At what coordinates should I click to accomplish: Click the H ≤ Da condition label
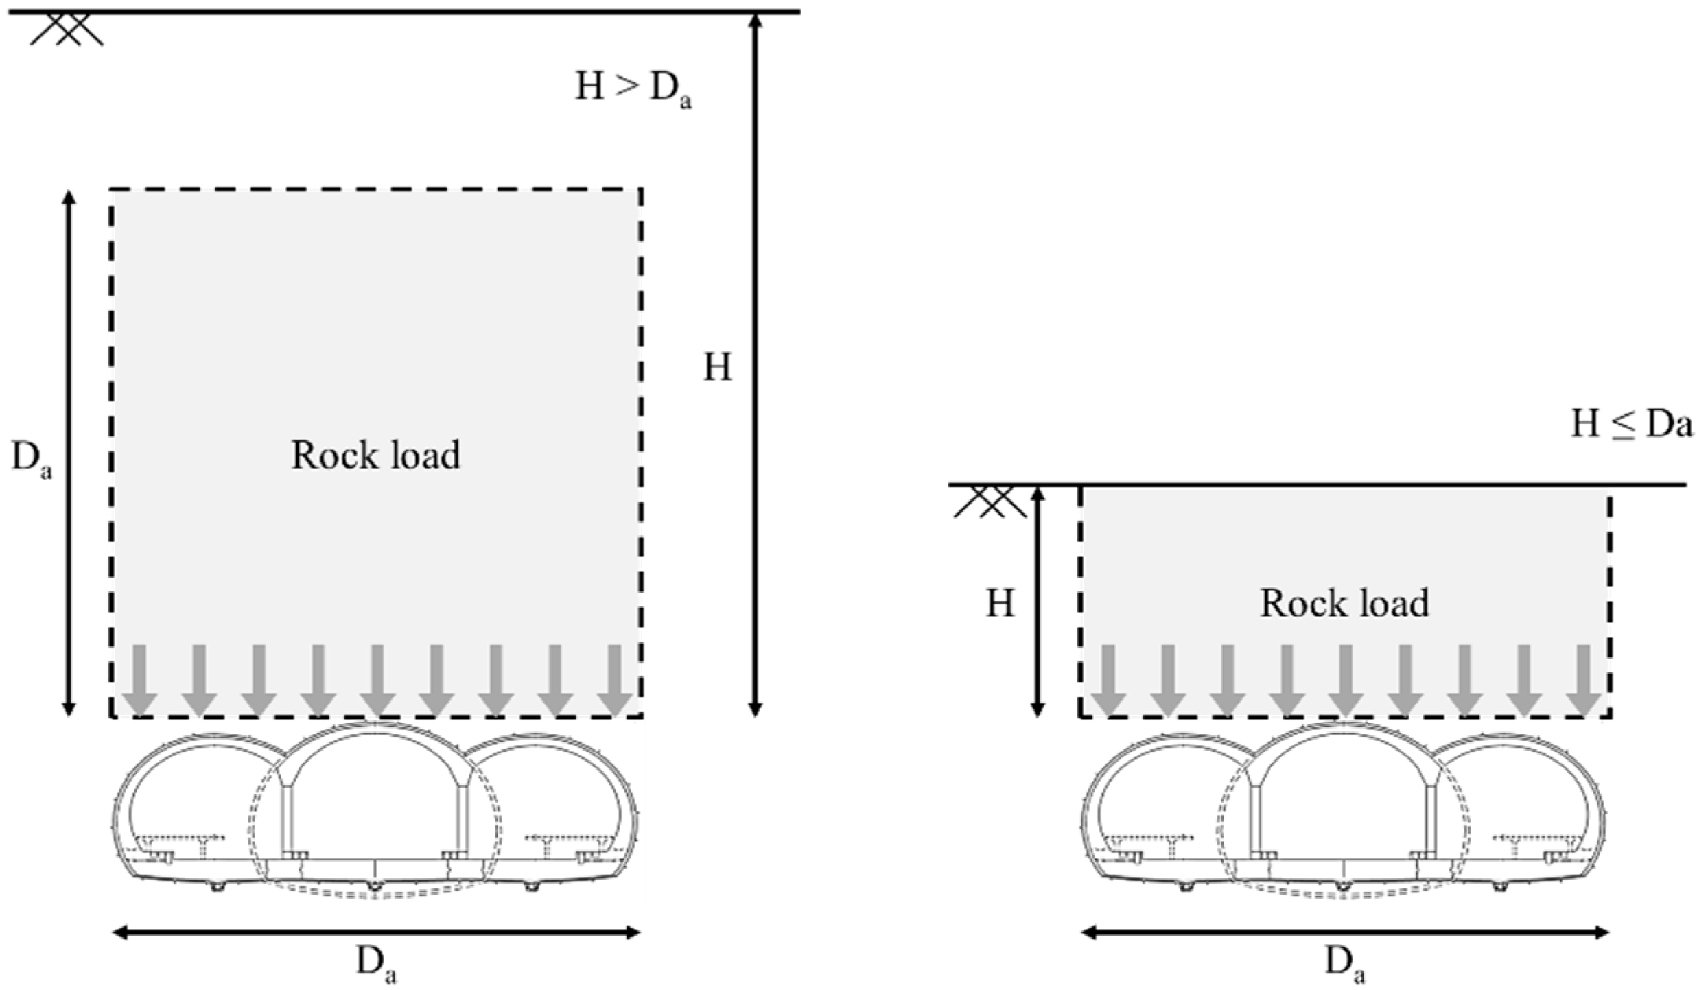point(1630,425)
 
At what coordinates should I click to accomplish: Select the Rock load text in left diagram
point(375,456)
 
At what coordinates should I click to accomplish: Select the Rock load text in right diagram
point(1344,604)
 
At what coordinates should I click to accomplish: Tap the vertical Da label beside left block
point(31,460)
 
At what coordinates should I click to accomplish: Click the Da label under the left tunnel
point(375,965)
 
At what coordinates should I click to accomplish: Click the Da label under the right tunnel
point(1344,965)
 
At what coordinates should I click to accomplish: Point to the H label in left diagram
point(717,368)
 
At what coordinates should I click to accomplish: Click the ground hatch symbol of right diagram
point(990,502)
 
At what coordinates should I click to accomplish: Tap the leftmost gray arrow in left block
point(139,679)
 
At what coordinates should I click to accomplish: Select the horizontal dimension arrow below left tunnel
point(375,932)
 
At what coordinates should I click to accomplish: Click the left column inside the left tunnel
point(288,816)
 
